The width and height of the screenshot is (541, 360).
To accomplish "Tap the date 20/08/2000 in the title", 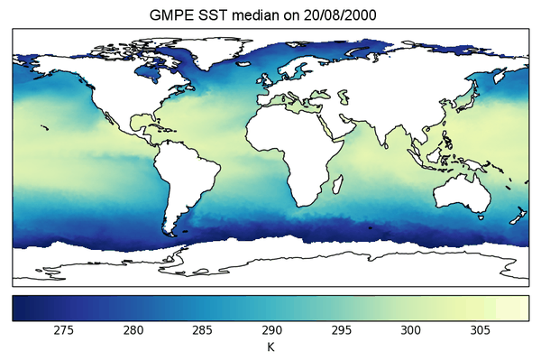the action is pyautogui.click(x=347, y=15).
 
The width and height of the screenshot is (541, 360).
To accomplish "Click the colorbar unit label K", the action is pyautogui.click(x=270, y=346).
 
